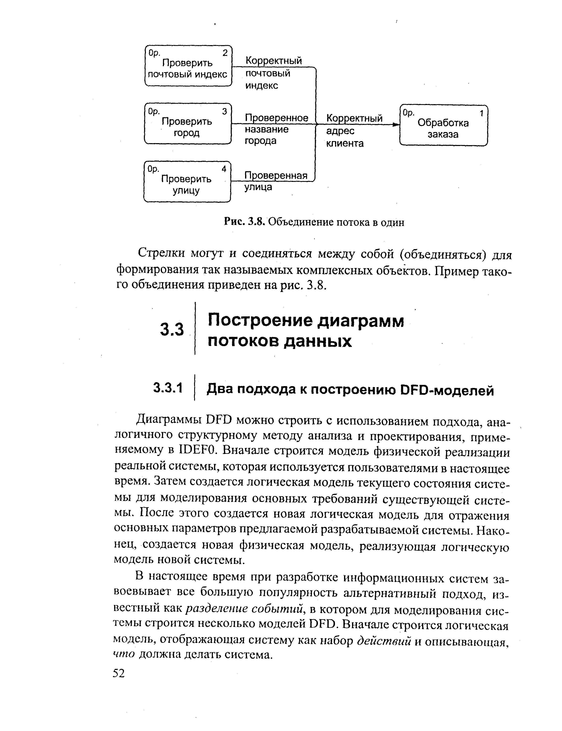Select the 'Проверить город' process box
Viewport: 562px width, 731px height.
(x=188, y=124)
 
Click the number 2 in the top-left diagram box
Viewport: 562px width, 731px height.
(x=225, y=53)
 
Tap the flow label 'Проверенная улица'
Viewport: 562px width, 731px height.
(x=275, y=181)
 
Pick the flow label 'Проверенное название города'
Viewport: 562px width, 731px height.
(x=276, y=129)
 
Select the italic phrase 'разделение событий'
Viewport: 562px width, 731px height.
(x=244, y=609)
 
